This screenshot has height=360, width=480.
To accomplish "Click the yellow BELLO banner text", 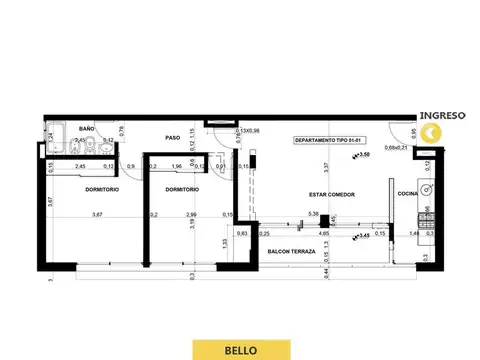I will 239,349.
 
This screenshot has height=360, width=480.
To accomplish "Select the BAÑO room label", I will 87,129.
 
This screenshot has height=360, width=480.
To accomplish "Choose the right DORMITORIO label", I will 181,189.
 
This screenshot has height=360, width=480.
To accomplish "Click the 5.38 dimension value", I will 314,213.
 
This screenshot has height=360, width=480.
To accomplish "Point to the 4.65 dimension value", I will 323,232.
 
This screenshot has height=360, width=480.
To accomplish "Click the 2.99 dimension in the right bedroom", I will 191,214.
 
